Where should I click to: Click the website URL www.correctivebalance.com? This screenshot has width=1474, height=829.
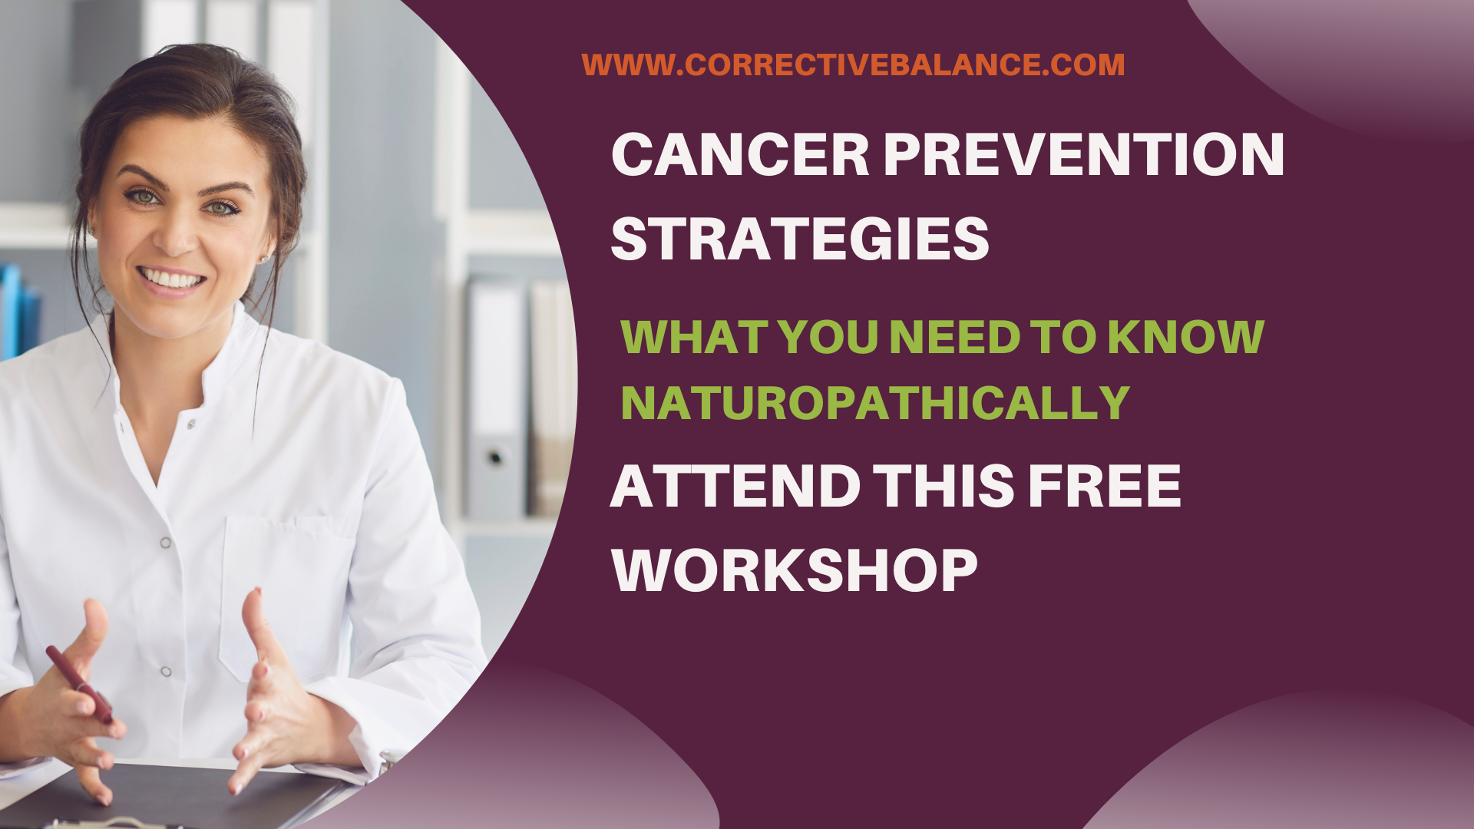click(x=853, y=64)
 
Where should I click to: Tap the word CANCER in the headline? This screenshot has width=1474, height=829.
click(x=740, y=154)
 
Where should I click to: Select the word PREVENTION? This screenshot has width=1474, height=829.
click(x=1084, y=154)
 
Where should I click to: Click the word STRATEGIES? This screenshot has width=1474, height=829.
click(x=800, y=239)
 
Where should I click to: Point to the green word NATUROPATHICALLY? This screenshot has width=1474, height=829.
click(x=875, y=402)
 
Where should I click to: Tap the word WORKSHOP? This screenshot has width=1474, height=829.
click(x=795, y=570)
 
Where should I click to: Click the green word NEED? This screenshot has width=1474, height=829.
click(x=954, y=336)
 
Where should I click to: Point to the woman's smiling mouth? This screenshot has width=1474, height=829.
click(x=170, y=278)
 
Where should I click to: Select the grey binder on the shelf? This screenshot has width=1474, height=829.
click(x=496, y=399)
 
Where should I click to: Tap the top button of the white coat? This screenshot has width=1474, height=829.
click(x=191, y=424)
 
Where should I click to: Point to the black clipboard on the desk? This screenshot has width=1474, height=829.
click(x=177, y=794)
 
